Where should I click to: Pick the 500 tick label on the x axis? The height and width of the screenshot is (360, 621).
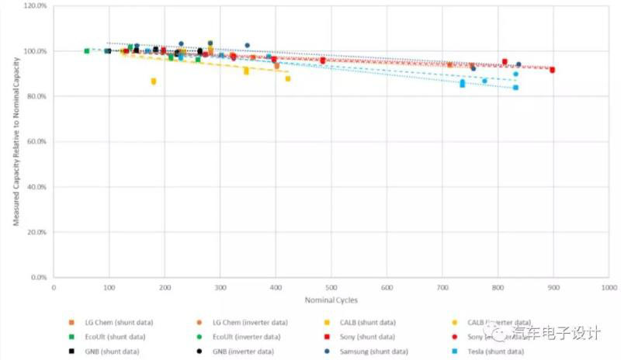[331, 288]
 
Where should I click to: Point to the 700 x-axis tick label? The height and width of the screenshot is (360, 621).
[442, 288]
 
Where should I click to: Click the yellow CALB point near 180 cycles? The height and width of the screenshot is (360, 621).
[154, 81]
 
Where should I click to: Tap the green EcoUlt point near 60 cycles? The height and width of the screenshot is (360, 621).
[87, 51]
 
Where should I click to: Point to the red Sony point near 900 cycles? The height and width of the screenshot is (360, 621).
[552, 70]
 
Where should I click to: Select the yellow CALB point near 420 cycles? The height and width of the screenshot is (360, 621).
[288, 78]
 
